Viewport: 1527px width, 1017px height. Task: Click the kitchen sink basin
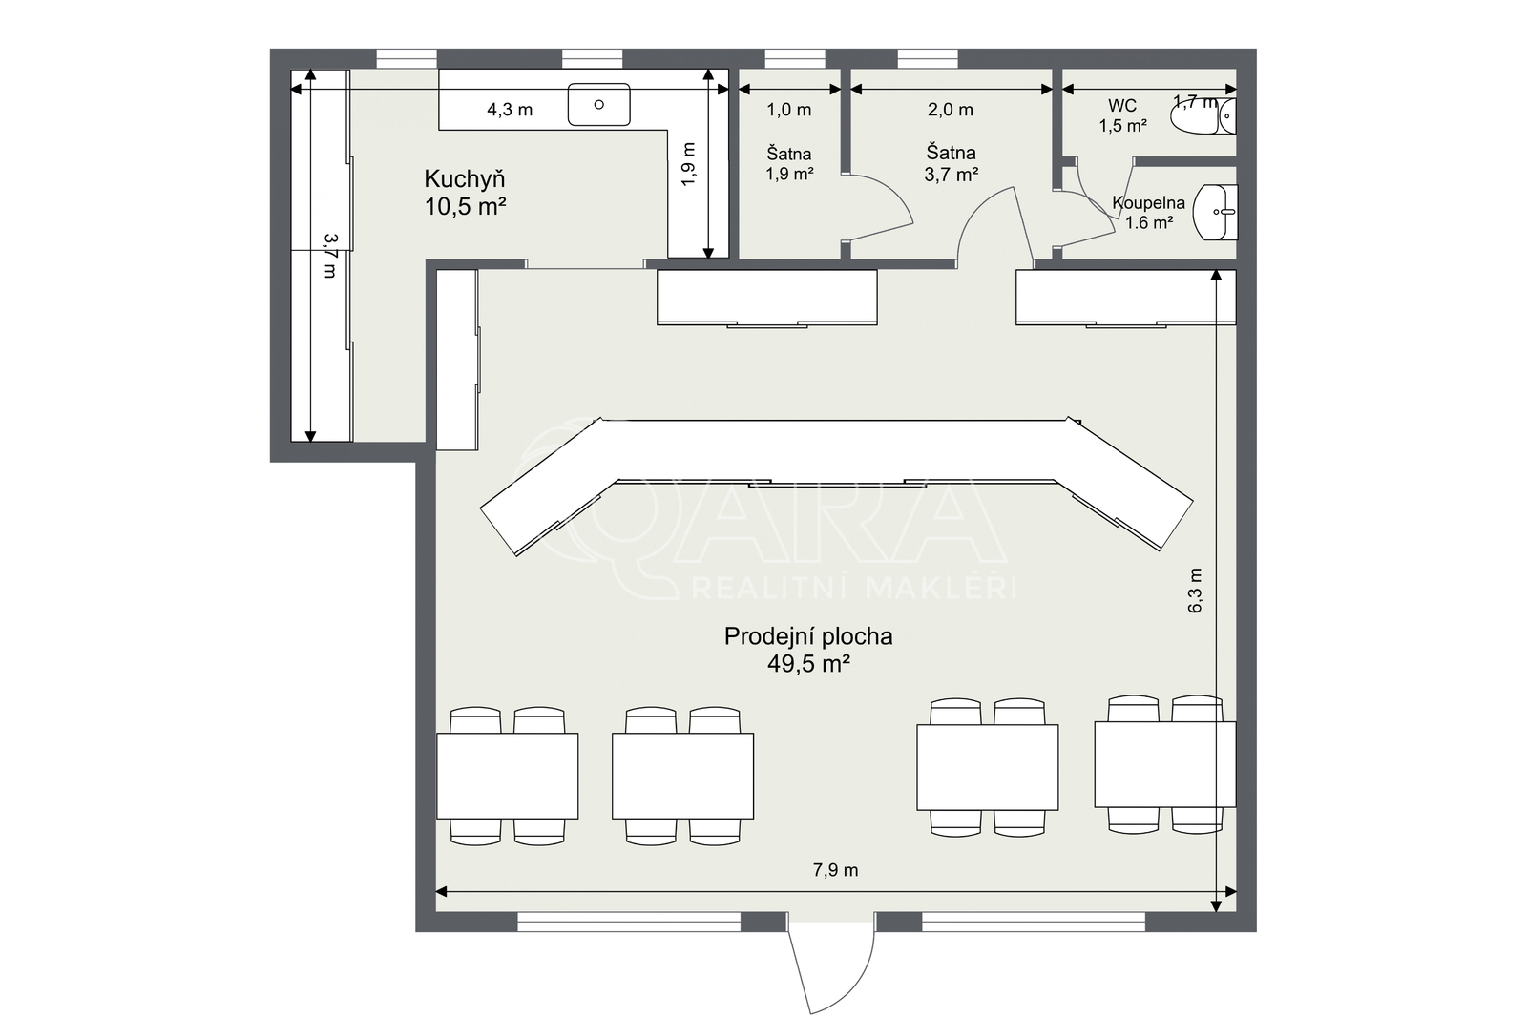click(x=598, y=104)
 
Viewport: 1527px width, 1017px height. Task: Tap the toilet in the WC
click(x=1203, y=116)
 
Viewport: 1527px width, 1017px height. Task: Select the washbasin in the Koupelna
click(x=1215, y=212)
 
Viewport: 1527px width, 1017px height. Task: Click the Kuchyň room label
click(x=464, y=179)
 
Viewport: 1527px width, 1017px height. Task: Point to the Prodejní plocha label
click(x=807, y=636)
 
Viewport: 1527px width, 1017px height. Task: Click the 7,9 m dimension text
click(x=835, y=870)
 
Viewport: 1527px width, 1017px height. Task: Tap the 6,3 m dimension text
click(x=1195, y=591)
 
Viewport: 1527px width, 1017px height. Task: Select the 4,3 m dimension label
click(x=510, y=110)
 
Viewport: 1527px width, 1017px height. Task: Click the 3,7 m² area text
click(x=951, y=175)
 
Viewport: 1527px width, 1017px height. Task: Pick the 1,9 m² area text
click(x=789, y=174)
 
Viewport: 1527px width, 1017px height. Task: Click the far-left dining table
click(x=507, y=776)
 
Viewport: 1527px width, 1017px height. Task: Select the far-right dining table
click(x=1165, y=764)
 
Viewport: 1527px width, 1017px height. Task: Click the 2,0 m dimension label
click(x=951, y=110)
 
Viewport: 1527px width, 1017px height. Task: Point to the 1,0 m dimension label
click(x=789, y=110)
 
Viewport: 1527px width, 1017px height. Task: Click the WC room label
click(x=1122, y=106)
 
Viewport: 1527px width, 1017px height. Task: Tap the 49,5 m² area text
click(x=808, y=663)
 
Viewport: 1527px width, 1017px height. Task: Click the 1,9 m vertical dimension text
click(x=688, y=163)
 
